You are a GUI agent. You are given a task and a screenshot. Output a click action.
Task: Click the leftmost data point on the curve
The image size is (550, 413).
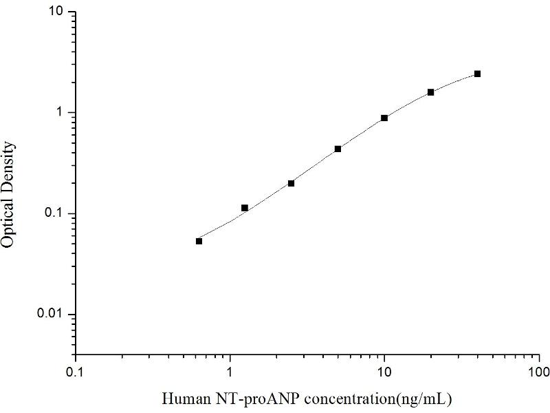point(199,241)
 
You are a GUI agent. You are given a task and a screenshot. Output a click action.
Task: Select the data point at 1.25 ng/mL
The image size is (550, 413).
point(245,208)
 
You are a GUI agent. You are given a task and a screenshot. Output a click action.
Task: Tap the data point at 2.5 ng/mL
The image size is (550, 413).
point(291,183)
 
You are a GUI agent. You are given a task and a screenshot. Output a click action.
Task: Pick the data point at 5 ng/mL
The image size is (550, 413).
point(338,149)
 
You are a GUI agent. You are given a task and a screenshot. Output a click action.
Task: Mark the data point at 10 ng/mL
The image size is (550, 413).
point(384,118)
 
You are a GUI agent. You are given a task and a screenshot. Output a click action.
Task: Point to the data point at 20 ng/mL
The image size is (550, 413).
point(431,92)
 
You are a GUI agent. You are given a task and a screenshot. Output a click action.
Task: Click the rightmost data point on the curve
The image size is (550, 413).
point(477,74)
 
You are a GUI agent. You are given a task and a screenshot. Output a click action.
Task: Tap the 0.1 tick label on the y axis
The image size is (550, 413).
point(54,213)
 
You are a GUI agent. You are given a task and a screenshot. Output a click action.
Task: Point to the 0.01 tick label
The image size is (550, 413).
point(51,315)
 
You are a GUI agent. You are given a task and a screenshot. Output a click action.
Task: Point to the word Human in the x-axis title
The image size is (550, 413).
point(181,399)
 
